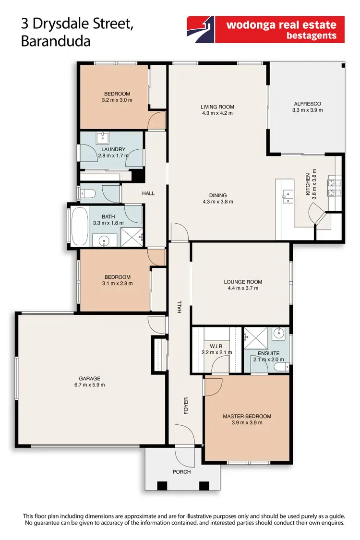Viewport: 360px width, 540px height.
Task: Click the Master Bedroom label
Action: tap(247, 416)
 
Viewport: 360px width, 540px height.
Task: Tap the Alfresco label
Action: tap(307, 103)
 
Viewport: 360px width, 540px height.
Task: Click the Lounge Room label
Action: tap(243, 282)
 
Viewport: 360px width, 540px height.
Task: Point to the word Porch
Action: tap(182, 472)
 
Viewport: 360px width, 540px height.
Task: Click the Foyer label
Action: tap(186, 406)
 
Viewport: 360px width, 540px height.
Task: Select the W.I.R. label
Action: tap(217, 346)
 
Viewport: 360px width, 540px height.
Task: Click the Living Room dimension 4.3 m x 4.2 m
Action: tap(217, 113)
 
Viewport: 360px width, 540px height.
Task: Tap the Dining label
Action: tap(218, 195)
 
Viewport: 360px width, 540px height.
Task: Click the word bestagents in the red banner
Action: tap(312, 36)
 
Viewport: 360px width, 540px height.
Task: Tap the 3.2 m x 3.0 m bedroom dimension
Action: tap(117, 100)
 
